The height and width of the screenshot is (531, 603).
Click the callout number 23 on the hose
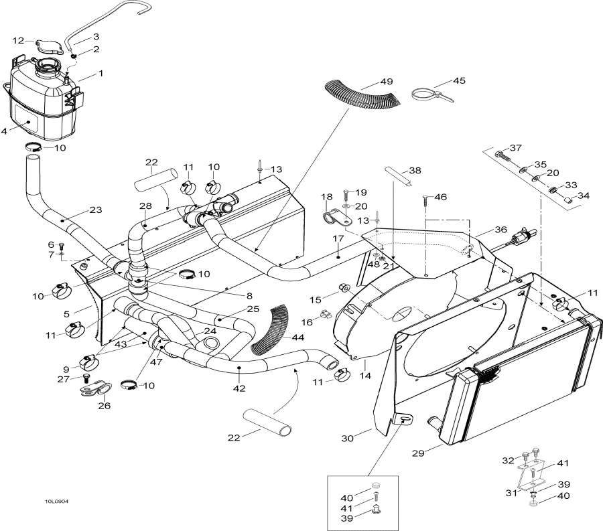[x=96, y=210]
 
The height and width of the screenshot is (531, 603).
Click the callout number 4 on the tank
[x=5, y=131]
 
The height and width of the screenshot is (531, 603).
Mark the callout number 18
[x=327, y=197]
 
